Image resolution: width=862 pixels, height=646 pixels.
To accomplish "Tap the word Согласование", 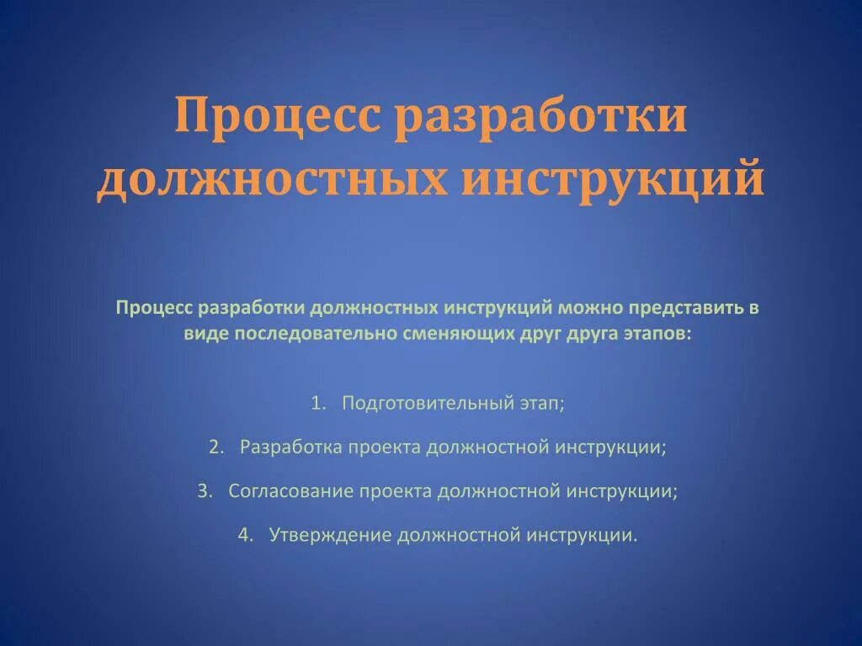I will click(290, 491).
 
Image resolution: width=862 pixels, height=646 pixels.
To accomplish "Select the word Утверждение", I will click(330, 535).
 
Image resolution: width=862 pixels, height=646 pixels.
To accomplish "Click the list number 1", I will click(317, 403).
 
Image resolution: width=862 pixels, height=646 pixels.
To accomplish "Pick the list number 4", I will click(244, 535).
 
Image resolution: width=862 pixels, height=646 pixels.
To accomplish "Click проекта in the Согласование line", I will click(395, 491).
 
